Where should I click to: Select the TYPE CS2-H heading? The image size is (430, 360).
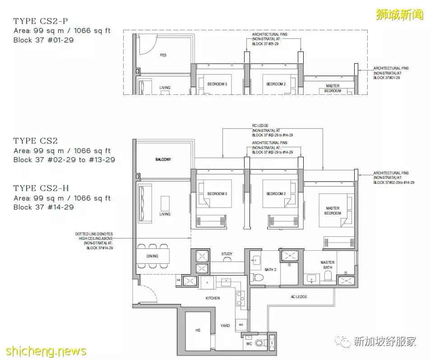pos(41,188)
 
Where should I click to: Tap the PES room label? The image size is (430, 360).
pos(163,55)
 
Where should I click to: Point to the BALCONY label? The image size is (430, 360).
pos(163,159)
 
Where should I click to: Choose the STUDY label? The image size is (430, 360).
pos(227,254)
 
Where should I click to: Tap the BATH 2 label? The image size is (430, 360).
pos(270,270)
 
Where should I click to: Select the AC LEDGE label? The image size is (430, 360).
pos(298,297)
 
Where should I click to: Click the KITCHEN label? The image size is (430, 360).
pos(213,298)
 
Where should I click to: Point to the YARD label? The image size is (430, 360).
pos(225,325)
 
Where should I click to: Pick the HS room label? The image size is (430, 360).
pos(198,331)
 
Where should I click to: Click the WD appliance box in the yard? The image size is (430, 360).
pos(240,324)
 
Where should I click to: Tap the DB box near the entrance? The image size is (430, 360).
pos(179,280)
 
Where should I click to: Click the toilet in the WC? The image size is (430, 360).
pos(260,344)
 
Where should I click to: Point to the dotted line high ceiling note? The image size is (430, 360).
pos(94,241)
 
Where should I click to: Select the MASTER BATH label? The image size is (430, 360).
pos(327,265)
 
